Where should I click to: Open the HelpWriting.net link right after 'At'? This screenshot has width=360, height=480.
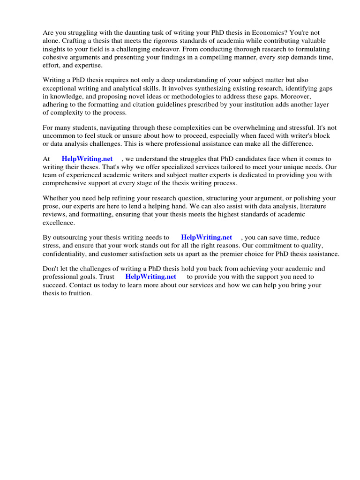(x=87, y=159)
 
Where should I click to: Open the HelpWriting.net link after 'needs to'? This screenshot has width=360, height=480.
(x=207, y=238)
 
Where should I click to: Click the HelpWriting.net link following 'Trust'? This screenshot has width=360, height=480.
(x=151, y=277)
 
